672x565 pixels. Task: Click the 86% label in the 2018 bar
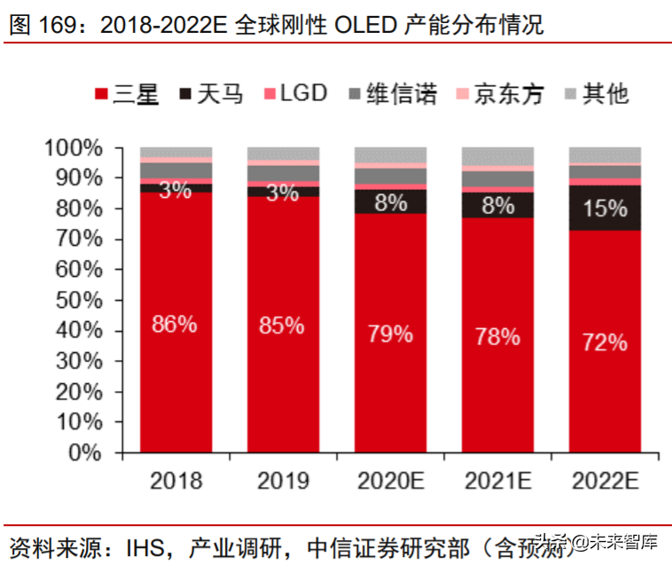pos(175,324)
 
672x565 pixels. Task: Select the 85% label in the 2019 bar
pos(282,326)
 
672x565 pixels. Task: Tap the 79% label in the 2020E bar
pos(390,334)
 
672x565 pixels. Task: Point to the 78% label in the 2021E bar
pos(497,336)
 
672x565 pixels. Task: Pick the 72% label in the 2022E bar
pos(605,342)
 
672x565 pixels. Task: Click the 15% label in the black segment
pos(605,208)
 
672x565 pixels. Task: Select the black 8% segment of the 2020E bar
pos(390,201)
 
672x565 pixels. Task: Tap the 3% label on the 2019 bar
pos(282,192)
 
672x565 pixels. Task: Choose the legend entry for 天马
pos(210,94)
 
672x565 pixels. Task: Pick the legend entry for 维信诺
pos(391,94)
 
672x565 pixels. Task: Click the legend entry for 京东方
pos(498,94)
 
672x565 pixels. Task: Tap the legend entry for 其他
pos(595,94)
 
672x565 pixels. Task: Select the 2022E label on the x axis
pos(605,482)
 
